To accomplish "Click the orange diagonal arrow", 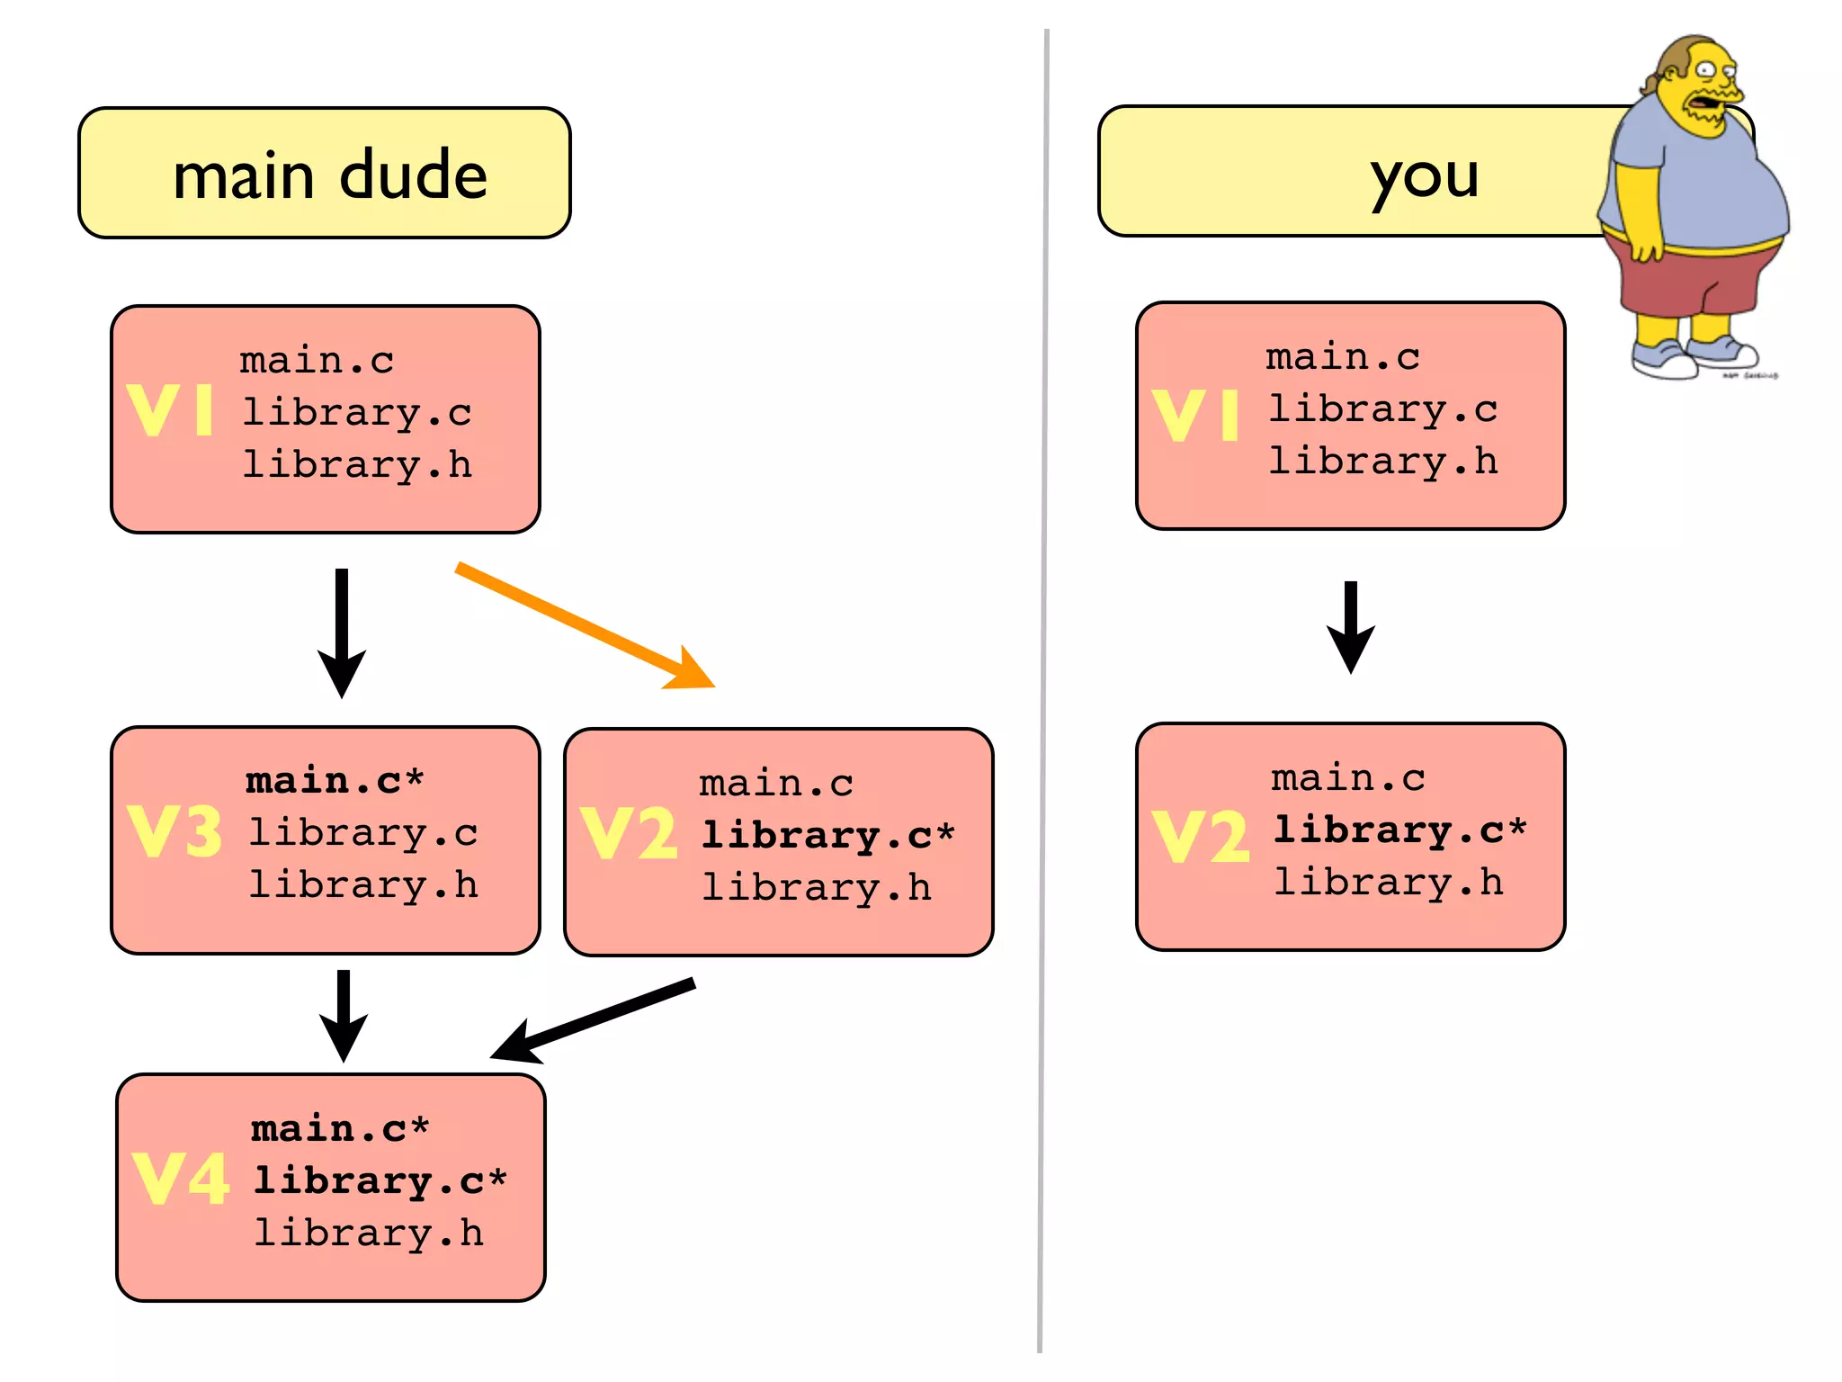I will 585,625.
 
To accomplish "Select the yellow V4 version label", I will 180,1179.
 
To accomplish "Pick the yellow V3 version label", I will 174,830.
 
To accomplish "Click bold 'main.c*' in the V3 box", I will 334,779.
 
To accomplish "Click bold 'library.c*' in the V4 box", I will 380,1180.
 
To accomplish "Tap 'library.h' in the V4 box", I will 369,1232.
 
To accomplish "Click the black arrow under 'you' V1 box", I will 1350,627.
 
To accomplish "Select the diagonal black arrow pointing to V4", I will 593,1019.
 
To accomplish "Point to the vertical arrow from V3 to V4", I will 343,1015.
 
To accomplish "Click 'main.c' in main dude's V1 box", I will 317,360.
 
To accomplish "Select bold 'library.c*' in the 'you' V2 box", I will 1399,829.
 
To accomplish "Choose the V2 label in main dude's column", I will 628,832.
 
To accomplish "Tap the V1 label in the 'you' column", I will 1195,415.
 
